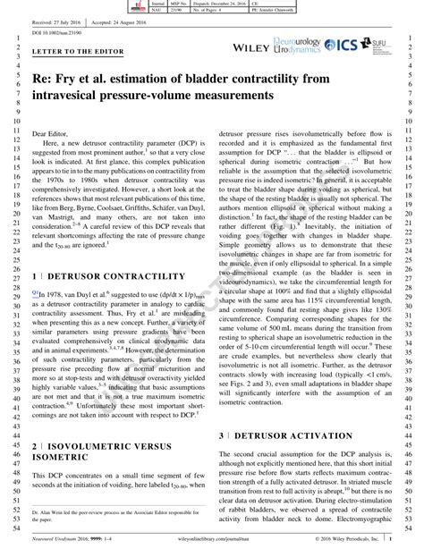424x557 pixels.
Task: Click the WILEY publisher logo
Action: [254, 45]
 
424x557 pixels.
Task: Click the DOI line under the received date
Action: [54, 32]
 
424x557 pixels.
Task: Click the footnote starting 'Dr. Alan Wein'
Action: [114, 514]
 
